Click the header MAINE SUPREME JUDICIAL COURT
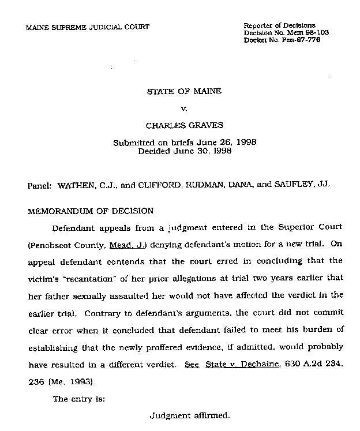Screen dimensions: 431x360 pos(88,27)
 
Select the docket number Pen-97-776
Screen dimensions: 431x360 pos(309,40)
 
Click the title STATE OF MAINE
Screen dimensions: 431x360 pos(185,91)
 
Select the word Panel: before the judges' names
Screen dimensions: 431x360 pos(39,186)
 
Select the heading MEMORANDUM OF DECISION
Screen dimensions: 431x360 pos(91,211)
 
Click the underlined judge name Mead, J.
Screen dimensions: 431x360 pos(127,245)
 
